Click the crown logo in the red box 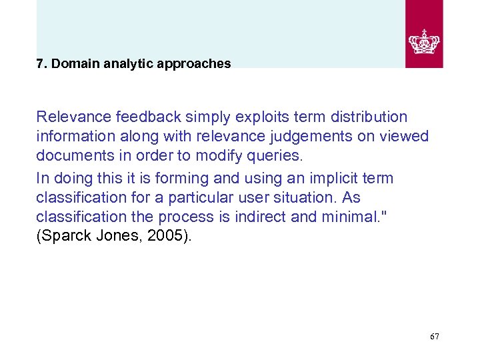point(424,41)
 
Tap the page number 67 point(435,337)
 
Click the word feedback point(143,117)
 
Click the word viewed point(405,137)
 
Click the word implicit point(333,178)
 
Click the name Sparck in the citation point(64,237)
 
